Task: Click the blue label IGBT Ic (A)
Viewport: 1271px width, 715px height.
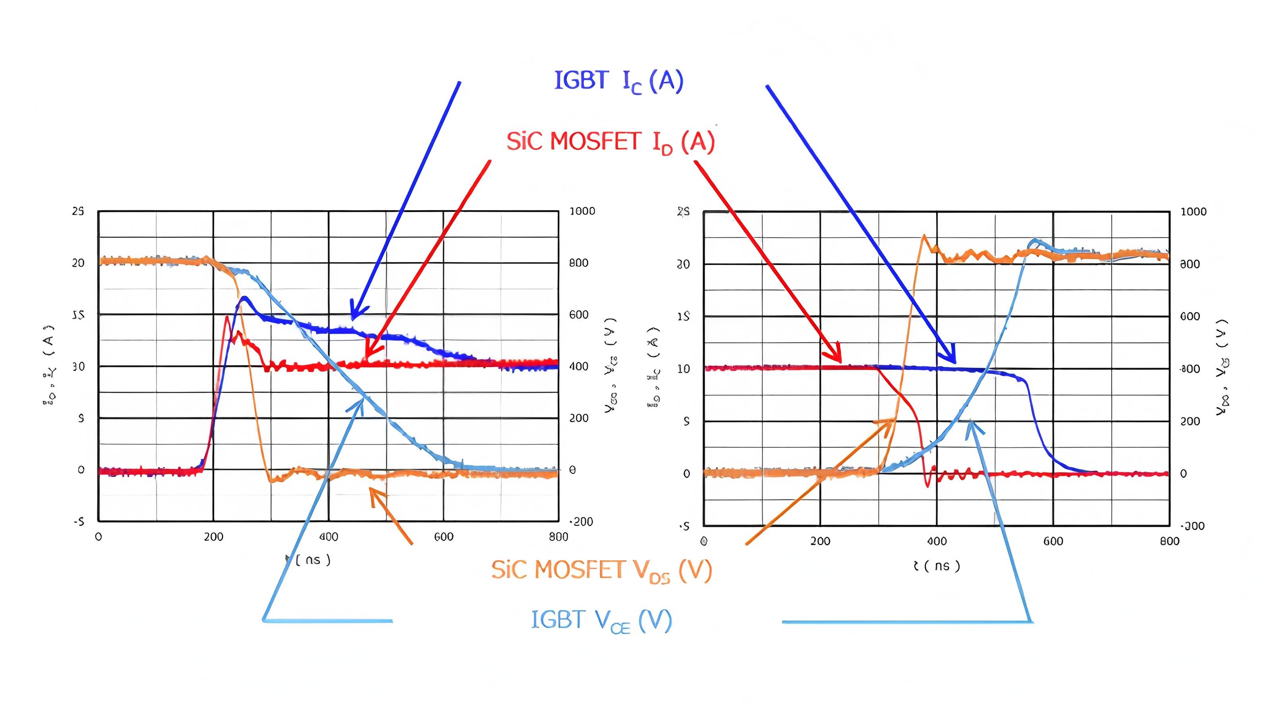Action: point(619,81)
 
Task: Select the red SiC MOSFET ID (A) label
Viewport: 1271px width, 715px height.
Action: point(610,142)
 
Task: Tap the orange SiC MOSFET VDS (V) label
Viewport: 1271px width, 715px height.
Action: point(601,570)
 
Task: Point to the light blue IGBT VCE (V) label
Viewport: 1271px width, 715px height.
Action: point(601,620)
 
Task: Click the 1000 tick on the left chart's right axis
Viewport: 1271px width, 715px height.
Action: point(582,211)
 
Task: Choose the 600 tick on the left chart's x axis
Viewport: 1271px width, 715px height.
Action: point(444,537)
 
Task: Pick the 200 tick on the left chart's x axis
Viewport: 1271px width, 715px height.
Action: point(214,537)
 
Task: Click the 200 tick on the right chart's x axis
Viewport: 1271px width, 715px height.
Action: point(820,541)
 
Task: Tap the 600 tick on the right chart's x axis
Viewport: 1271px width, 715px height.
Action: point(1053,541)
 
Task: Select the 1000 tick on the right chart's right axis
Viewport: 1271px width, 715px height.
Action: point(1193,212)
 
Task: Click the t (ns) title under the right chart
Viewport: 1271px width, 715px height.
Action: point(937,566)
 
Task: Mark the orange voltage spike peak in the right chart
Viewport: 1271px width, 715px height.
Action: point(923,236)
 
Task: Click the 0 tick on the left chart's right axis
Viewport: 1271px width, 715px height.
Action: point(572,470)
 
